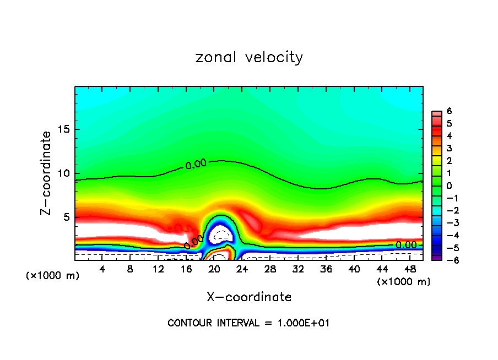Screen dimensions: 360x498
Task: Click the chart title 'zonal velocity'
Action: [x=249, y=57]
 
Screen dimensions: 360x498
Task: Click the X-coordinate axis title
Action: [x=249, y=297]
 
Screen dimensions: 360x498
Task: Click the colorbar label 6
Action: [x=449, y=111]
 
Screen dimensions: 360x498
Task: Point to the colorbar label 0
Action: [x=449, y=186]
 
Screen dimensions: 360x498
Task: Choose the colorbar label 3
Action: [x=449, y=148]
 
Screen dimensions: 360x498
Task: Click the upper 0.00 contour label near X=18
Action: [x=196, y=163]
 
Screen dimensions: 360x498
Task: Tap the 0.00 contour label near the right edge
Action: [x=407, y=245]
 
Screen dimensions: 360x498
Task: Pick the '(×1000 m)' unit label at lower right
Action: [x=403, y=282]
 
